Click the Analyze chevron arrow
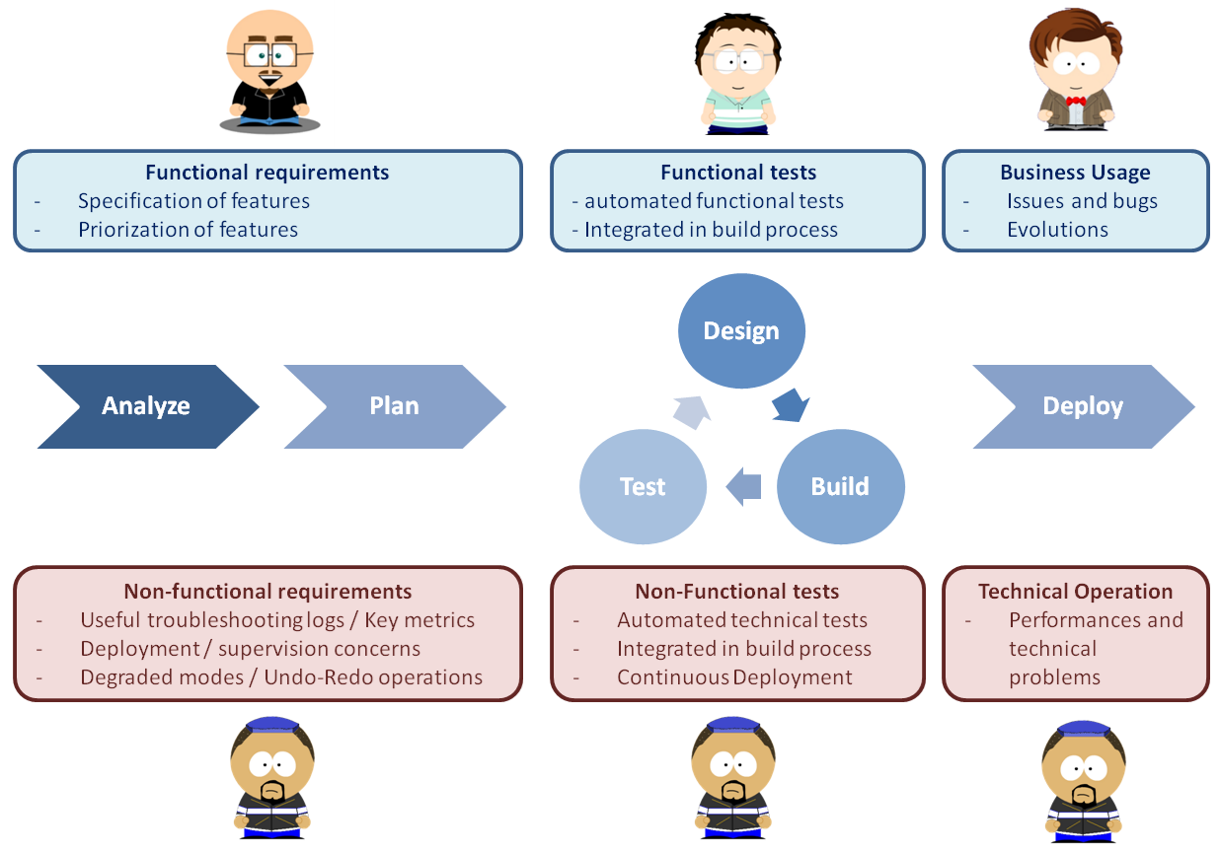tap(146, 406)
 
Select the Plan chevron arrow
tap(394, 406)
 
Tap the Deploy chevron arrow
tap(1083, 406)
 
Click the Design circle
tap(741, 331)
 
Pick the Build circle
tap(840, 486)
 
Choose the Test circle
tap(643, 487)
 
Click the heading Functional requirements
tap(267, 173)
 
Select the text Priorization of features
tap(188, 230)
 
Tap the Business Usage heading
tap(1075, 173)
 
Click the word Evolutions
tap(1057, 230)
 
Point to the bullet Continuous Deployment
tap(734, 677)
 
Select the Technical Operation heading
tap(1075, 592)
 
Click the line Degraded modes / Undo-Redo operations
tap(281, 677)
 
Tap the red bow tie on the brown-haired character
tap(1076, 101)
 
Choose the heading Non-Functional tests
tap(736, 592)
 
